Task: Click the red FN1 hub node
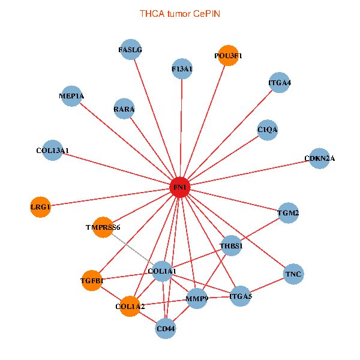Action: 180,188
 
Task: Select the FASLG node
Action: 130,50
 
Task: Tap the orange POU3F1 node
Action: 228,56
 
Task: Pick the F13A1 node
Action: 182,69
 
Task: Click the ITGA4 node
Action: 280,83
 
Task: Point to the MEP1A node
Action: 72,96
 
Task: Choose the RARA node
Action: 124,109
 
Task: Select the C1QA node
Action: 268,130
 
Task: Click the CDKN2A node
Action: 319,158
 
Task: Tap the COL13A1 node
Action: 53,150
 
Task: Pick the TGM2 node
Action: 288,213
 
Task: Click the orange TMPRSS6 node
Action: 103,227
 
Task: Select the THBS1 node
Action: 231,246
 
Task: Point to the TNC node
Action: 293,274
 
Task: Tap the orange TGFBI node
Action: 92,280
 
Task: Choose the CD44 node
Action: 166,328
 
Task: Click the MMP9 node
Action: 197,298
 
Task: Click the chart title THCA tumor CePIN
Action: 180,13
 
